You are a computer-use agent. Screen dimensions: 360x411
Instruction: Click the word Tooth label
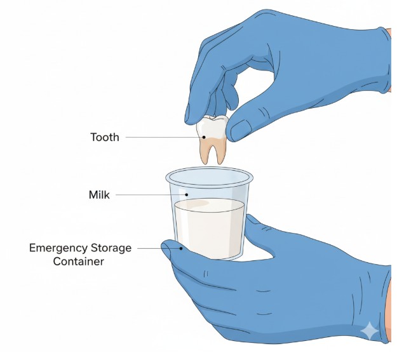(x=104, y=137)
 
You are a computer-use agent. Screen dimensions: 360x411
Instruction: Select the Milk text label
(x=98, y=195)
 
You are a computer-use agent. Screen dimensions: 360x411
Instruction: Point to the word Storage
(x=111, y=247)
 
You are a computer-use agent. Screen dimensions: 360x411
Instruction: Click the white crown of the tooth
(x=212, y=127)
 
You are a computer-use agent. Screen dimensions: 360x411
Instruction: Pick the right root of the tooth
(x=220, y=152)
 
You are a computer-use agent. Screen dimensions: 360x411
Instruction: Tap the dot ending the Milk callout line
(x=187, y=194)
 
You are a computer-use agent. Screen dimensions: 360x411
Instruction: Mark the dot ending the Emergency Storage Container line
(x=181, y=248)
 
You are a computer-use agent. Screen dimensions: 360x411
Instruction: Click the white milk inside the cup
(x=210, y=229)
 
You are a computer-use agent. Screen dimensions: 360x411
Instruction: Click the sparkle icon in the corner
(x=369, y=331)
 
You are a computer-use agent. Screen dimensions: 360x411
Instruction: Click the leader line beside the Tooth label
(x=159, y=137)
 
